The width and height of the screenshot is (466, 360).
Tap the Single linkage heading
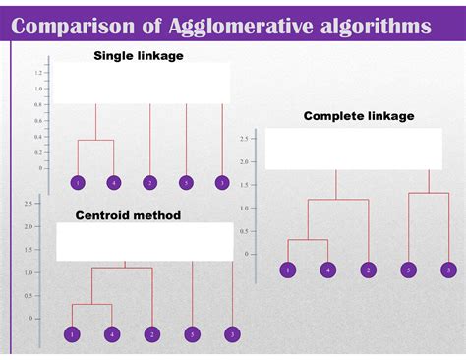(138, 56)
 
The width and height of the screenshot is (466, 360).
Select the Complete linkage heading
(359, 116)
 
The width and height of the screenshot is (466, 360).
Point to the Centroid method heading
(129, 215)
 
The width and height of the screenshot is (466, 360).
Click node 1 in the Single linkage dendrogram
(78, 183)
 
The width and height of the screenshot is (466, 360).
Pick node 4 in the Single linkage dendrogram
(114, 183)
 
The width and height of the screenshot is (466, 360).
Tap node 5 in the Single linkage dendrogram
(186, 183)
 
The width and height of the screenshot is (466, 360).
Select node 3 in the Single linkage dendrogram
(222, 183)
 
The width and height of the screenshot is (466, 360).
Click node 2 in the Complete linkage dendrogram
(368, 270)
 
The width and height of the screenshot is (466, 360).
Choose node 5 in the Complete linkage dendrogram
(408, 270)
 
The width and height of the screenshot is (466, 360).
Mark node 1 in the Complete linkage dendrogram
(287, 270)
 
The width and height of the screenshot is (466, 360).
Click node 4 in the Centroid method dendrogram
(111, 335)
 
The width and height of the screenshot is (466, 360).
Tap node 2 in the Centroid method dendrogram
(151, 335)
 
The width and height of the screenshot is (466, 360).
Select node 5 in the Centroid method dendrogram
(192, 335)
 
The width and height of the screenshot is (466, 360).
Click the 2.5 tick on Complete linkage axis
(243, 139)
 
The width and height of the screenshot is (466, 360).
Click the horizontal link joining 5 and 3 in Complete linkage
(429, 193)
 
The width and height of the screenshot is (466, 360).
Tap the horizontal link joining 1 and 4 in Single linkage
(95, 141)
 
